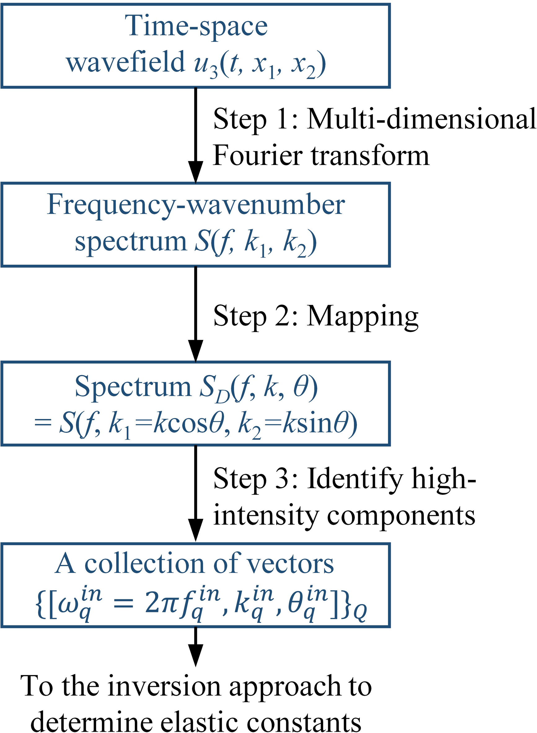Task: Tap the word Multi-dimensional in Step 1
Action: coord(421,120)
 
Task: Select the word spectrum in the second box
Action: coord(130,242)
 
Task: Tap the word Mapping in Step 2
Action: coord(363,317)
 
